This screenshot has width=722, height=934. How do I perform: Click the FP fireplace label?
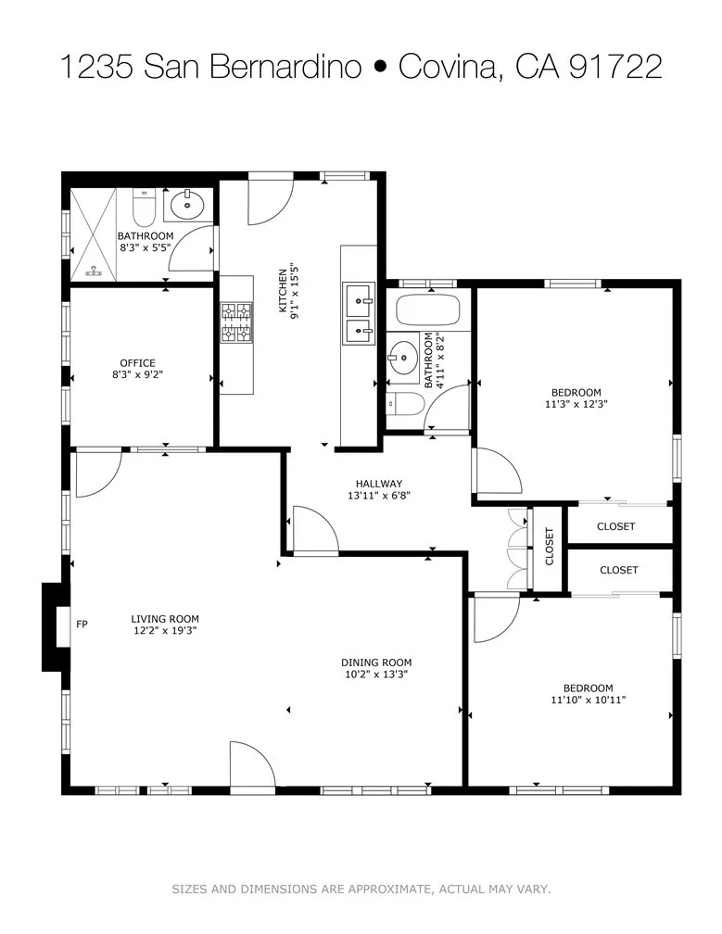82,624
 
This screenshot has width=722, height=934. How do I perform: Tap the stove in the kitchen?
236,323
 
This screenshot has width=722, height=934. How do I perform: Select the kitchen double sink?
358,313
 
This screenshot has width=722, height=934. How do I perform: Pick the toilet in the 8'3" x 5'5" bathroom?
144,208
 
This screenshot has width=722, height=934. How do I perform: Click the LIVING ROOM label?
165,619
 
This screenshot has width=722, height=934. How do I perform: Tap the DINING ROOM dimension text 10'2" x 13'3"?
375,675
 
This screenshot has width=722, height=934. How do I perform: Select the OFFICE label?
137,363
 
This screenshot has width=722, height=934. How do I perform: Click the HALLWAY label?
379,483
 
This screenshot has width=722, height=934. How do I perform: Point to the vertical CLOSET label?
549,547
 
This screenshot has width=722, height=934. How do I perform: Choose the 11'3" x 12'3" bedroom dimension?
576,403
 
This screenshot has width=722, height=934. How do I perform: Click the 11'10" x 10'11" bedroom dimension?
589,700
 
